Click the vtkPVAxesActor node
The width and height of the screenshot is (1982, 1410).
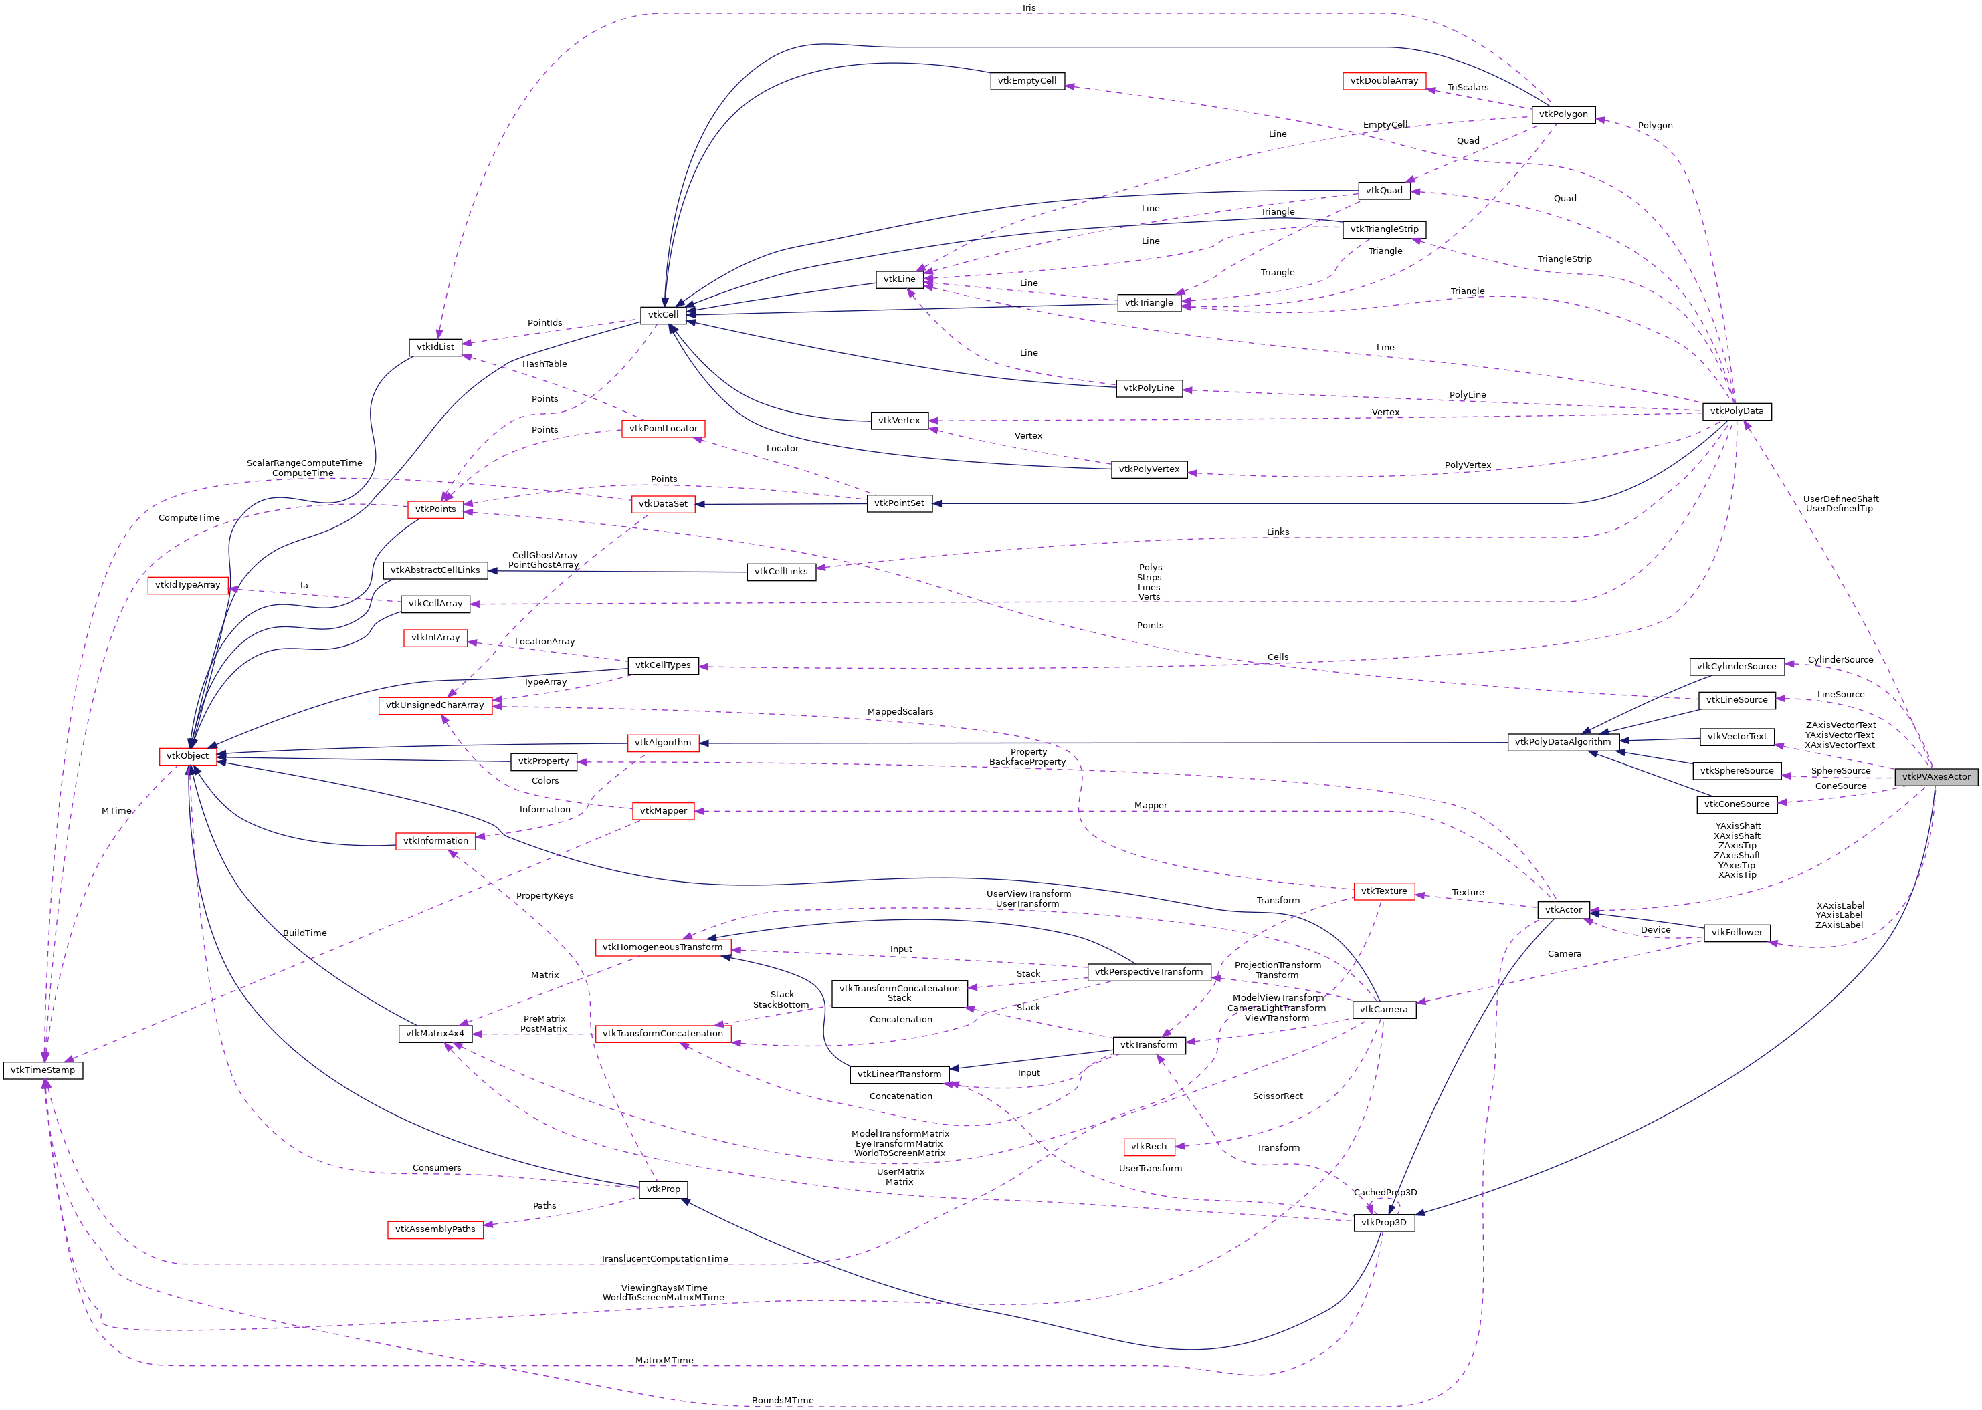pos(1935,776)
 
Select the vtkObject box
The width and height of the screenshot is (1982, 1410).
pos(187,756)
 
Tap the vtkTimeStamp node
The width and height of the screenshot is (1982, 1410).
pos(43,1070)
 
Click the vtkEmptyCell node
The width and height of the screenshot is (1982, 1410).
pos(1027,81)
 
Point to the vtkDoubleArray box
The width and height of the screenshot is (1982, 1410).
pos(1383,81)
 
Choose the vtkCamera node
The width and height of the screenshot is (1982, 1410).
pos(1383,1009)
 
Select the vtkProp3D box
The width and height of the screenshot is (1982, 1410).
pos(1383,1222)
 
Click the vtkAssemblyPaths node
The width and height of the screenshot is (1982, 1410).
pos(435,1229)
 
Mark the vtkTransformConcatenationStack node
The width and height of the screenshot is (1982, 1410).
pos(899,993)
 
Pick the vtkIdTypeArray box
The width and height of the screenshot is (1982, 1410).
pos(187,585)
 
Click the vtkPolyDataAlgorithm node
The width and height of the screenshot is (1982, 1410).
pos(1563,742)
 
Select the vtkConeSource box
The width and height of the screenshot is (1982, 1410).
pos(1737,804)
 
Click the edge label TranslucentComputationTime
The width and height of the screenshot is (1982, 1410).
pos(664,1259)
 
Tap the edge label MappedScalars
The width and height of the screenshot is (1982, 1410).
pos(900,712)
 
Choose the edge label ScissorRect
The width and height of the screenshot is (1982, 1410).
pos(1277,1096)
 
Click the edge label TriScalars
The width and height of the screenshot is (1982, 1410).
pos(1467,88)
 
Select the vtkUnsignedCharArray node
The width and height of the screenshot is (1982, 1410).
pos(435,705)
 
